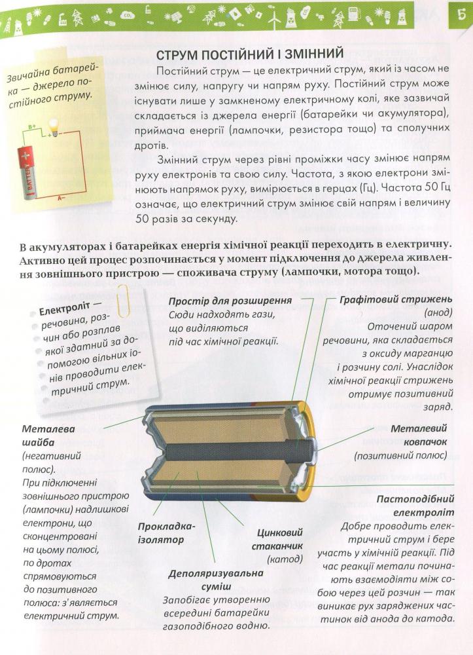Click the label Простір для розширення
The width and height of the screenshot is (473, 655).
pos(230,301)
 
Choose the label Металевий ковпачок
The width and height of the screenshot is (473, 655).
pos(419,435)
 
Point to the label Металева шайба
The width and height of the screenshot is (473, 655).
pos(48,435)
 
